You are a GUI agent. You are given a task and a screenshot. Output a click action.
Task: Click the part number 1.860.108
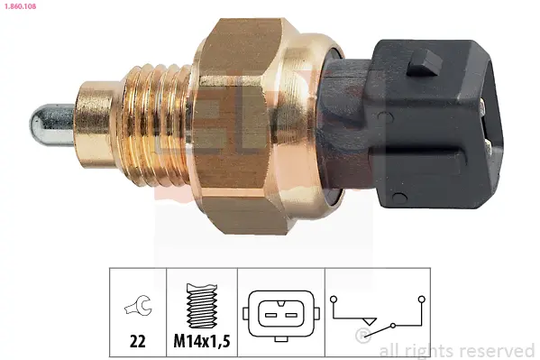21,6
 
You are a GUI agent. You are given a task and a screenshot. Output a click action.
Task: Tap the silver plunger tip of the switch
52,125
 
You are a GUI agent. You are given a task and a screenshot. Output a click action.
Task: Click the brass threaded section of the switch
154,125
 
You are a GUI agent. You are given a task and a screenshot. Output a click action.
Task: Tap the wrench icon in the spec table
138,304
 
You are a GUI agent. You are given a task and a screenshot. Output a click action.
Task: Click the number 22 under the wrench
137,341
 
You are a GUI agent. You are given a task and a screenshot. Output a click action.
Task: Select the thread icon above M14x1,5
202,306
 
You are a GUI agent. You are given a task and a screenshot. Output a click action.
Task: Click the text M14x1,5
202,341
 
